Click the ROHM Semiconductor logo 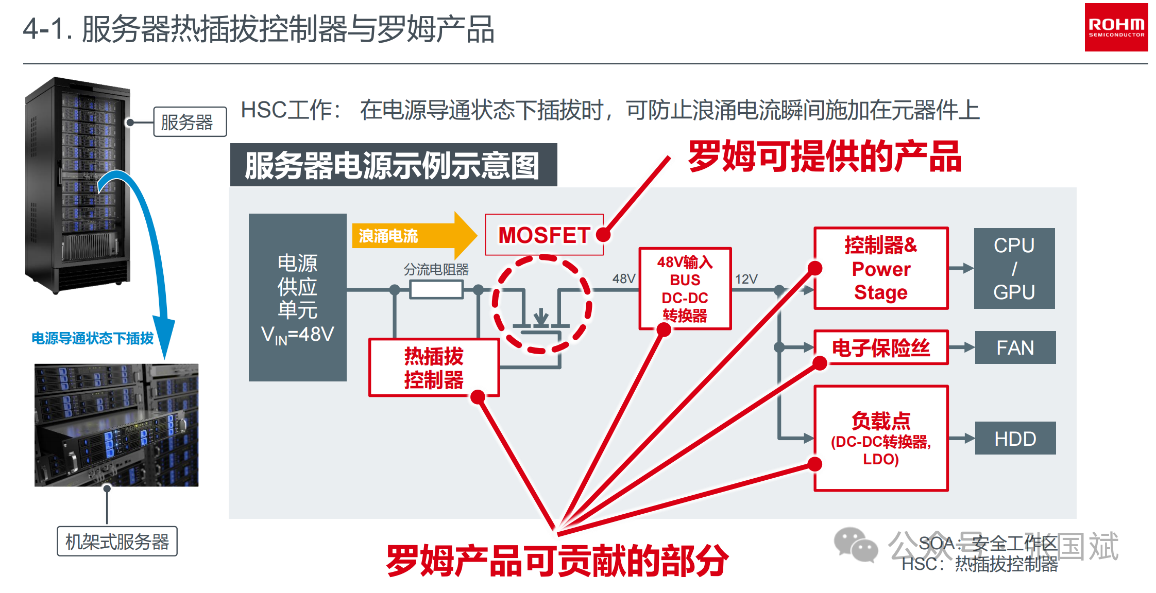point(1116,27)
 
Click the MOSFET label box point(544,235)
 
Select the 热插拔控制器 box point(434,368)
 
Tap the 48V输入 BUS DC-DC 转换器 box point(685,288)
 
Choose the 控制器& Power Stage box point(880,268)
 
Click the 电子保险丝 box point(880,348)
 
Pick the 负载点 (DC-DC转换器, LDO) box point(880,438)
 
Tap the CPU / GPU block point(1014,268)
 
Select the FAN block point(1015,348)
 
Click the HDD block point(1015,439)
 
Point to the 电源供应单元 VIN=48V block point(297,298)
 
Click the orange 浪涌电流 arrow point(412,236)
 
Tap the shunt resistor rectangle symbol point(436,290)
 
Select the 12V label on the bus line point(746,279)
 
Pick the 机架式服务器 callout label point(117,541)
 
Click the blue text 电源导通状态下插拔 point(93,338)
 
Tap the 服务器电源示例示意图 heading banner point(393,165)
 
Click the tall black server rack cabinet point(77,185)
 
